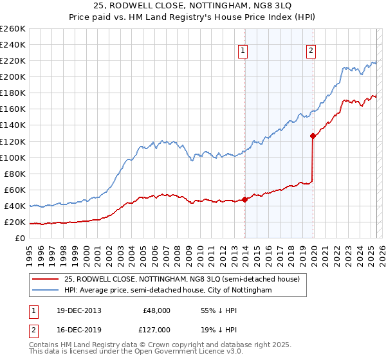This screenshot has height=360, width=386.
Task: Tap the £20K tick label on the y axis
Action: [x=14, y=222]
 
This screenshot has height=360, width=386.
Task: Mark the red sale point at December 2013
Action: [x=245, y=199]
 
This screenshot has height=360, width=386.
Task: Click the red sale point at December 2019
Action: [x=313, y=136]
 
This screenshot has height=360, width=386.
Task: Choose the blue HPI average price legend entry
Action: [x=168, y=291]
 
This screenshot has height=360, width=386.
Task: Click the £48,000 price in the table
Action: [x=156, y=310]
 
